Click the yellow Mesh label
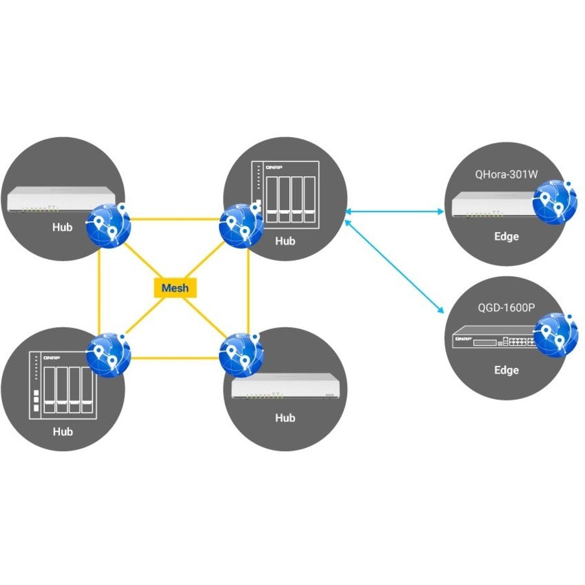pos(175,287)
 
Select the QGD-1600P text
pos(506,307)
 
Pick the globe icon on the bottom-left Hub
pos(109,355)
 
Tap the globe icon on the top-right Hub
pos(241,225)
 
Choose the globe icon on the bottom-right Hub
pos(241,354)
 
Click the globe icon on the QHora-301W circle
pos(554,202)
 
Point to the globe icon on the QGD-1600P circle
pos(556,335)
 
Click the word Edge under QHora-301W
pos(506,237)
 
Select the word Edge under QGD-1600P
pos(506,370)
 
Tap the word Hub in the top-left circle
pos(63,228)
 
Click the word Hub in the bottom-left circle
pos(63,432)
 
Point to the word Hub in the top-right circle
pos(285,241)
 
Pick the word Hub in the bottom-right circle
pos(285,418)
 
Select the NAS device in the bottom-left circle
pos(61,385)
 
